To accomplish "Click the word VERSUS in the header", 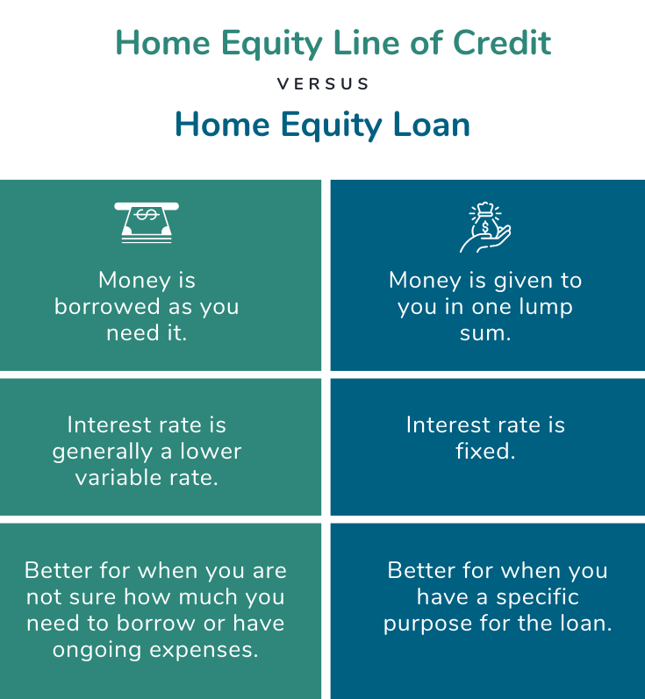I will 323,84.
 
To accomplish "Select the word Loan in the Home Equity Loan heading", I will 431,125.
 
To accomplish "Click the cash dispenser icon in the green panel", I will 147,222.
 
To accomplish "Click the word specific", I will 534,597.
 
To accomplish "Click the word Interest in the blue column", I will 443,425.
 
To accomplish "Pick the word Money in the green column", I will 133,281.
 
